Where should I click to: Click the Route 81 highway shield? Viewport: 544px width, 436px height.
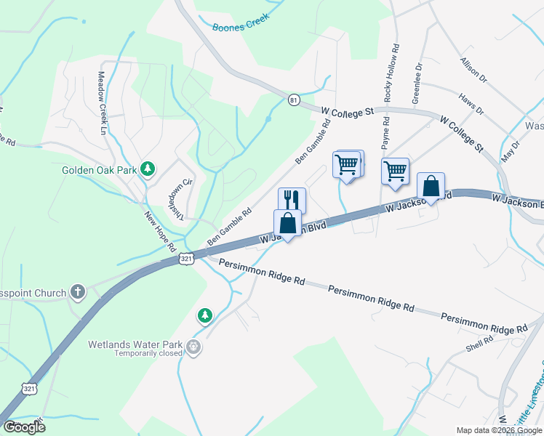[x=293, y=100]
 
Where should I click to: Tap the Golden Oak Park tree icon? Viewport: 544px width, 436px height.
[x=148, y=169]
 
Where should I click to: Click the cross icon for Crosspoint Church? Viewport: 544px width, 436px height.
[x=78, y=293]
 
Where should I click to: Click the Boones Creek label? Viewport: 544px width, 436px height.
[x=241, y=23]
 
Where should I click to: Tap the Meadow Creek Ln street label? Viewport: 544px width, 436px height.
[x=102, y=102]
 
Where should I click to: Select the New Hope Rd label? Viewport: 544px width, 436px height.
[x=160, y=230]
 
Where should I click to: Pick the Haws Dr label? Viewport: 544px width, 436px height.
[x=471, y=103]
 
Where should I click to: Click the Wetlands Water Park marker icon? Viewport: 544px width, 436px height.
[x=193, y=347]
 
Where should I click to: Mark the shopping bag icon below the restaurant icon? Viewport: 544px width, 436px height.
[x=288, y=222]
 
